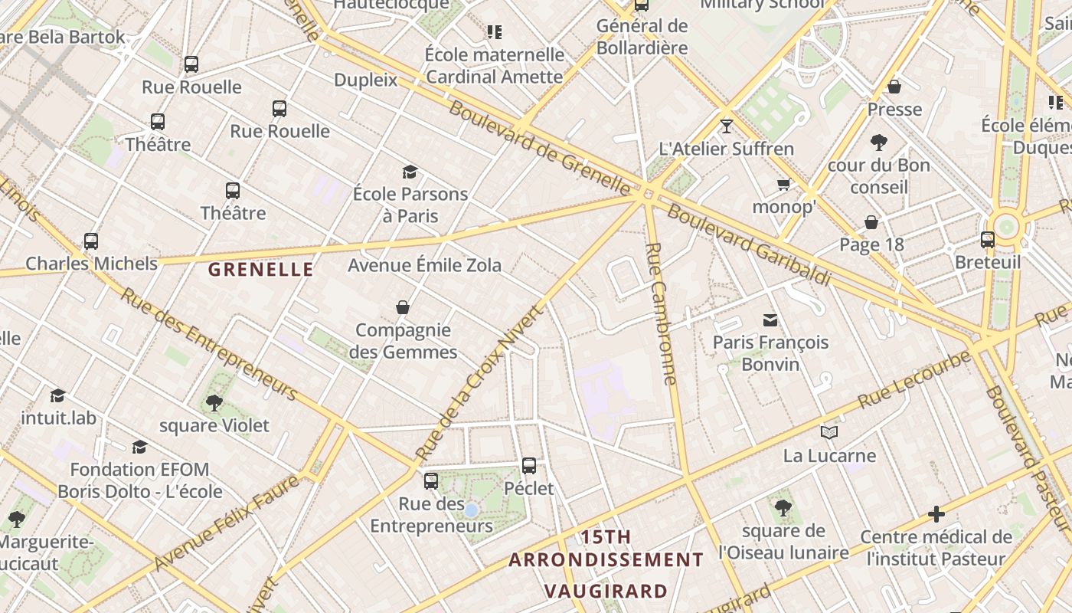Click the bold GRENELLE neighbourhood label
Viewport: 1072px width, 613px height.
click(x=260, y=270)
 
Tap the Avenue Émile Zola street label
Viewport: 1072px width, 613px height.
click(x=424, y=266)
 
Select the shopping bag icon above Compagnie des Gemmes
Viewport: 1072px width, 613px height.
click(x=403, y=307)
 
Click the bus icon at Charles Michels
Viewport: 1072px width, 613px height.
click(x=91, y=241)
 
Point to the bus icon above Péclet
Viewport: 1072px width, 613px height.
click(x=529, y=465)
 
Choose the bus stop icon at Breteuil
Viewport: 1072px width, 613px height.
click(x=988, y=240)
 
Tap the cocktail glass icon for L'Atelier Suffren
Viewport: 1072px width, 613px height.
click(x=727, y=126)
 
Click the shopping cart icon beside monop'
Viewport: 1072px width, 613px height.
click(x=784, y=185)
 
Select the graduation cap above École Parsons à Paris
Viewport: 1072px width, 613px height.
click(x=410, y=172)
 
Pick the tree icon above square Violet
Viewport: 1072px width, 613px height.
click(x=214, y=402)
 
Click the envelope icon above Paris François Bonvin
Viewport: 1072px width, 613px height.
click(x=770, y=320)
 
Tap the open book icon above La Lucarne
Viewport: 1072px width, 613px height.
click(x=829, y=433)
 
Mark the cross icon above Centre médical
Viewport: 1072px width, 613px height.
click(x=936, y=514)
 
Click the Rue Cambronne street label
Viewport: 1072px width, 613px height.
click(x=662, y=313)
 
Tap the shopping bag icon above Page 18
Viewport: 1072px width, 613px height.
click(x=871, y=222)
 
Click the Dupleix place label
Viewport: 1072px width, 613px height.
click(x=366, y=80)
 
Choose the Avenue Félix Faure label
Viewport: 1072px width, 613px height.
click(x=226, y=523)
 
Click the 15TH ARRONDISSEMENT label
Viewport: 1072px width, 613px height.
click(x=606, y=549)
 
